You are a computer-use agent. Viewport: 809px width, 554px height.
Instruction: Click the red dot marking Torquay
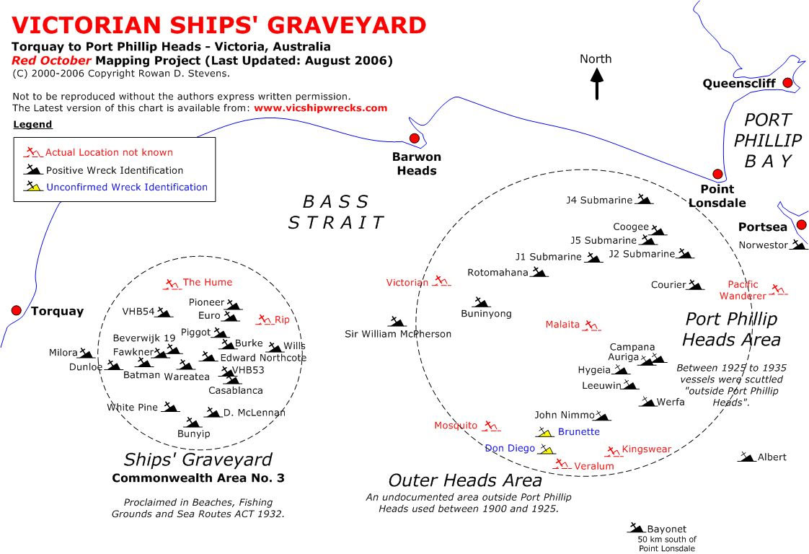point(16,310)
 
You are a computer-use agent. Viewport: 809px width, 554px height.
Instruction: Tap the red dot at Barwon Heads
point(414,138)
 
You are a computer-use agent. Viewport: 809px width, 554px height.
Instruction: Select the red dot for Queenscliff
point(787,83)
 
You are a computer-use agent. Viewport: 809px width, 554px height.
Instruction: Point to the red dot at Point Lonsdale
point(717,174)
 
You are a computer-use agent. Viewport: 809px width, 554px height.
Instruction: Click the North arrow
point(597,83)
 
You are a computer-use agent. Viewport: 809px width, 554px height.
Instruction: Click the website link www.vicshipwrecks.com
point(320,108)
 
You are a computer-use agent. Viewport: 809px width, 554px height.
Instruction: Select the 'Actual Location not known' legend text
point(109,152)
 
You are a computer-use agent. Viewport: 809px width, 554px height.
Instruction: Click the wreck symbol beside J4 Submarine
point(643,200)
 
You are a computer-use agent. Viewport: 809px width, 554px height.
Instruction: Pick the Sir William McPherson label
point(397,334)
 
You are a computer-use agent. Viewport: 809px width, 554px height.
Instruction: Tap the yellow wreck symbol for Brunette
point(544,432)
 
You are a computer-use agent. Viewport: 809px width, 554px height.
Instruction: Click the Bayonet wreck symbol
point(636,528)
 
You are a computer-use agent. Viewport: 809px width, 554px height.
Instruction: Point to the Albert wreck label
point(772,457)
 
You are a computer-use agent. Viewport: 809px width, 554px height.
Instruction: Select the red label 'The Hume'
point(208,282)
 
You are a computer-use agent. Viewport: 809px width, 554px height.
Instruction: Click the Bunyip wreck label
point(194,434)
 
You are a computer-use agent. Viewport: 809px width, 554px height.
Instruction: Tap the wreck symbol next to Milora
point(87,353)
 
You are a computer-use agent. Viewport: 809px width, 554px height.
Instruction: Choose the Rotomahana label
point(498,273)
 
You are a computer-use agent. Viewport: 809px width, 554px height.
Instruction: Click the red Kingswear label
point(646,449)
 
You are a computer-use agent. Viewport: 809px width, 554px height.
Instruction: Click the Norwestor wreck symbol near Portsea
point(798,245)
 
